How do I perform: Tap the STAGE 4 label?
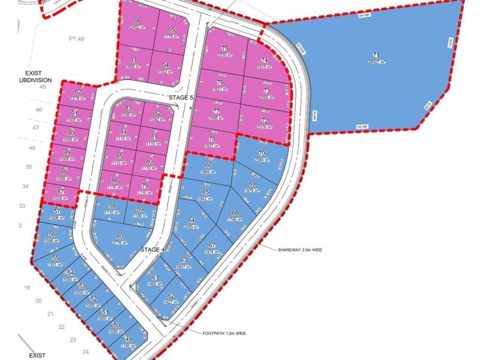(151, 250)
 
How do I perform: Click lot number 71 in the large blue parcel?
(376, 55)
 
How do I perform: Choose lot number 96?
(137, 20)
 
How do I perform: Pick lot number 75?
(225, 49)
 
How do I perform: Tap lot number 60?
(120, 236)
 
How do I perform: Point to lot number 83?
(128, 108)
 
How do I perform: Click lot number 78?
(211, 139)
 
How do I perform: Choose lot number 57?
(58, 211)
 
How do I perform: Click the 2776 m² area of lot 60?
(120, 243)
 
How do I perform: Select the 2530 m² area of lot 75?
(225, 55)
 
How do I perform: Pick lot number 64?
(192, 221)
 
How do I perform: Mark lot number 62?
(171, 296)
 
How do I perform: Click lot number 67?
(212, 245)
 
